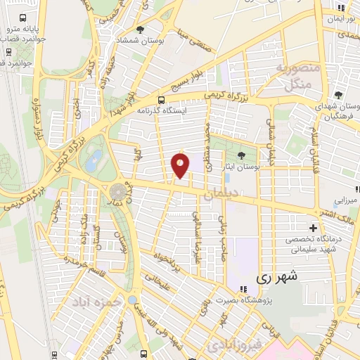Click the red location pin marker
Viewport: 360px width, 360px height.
(x=181, y=166)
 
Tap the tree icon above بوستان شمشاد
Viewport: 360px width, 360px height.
(x=141, y=29)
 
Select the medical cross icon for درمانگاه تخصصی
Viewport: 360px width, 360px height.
(x=313, y=227)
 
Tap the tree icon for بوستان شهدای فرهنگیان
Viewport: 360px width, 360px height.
(x=338, y=95)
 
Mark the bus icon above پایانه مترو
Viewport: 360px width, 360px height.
(x=24, y=18)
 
